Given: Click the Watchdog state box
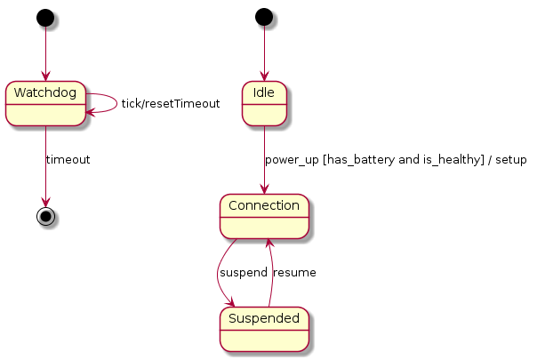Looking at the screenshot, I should (45, 103).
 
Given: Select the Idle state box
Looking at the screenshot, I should (264, 103).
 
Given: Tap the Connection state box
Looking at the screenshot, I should (264, 216).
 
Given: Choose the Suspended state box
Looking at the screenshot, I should (264, 328).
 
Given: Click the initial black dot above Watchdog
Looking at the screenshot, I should (45, 18).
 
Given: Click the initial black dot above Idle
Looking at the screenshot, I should (264, 18).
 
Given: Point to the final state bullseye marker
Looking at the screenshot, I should (45, 216).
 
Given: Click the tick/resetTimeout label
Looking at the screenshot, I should (170, 103).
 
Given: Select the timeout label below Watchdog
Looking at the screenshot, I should (68, 159).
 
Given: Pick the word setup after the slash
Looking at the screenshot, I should (509, 160).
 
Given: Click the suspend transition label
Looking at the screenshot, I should (243, 272).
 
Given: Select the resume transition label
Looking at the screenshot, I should (294, 272).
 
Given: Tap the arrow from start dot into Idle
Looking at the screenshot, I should (264, 53).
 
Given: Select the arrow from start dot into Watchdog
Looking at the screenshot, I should (45, 53).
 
